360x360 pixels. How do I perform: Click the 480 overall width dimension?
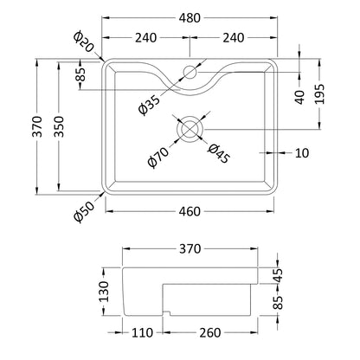(x=190, y=18)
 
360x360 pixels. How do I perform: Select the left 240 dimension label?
(x=146, y=37)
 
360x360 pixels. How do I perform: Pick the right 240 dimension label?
(x=234, y=37)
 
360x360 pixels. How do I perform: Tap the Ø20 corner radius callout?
(x=83, y=42)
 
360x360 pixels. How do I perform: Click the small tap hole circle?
(x=190, y=72)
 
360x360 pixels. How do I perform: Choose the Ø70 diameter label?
(x=157, y=157)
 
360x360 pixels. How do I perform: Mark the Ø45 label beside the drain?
(x=219, y=153)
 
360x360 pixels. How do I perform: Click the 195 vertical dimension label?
(x=319, y=94)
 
